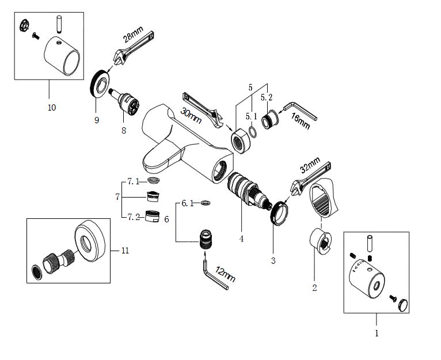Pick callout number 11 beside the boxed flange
[126, 250]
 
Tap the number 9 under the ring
[97, 120]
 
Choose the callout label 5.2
[266, 98]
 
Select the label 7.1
[133, 181]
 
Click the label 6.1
[188, 203]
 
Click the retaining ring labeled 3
[279, 211]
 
